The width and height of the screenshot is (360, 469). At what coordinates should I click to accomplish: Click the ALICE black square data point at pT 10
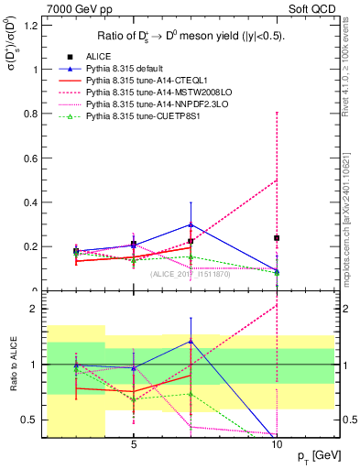point(277,238)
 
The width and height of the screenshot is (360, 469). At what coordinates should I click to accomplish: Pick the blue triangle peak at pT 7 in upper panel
point(191,224)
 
